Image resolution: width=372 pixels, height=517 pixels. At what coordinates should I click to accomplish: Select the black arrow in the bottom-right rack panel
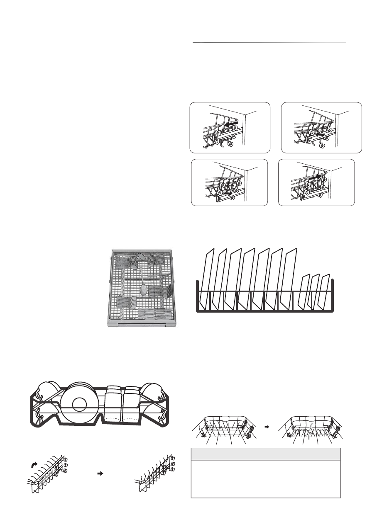[x=315, y=177]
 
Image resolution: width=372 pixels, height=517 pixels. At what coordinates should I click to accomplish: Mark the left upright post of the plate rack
[x=197, y=295]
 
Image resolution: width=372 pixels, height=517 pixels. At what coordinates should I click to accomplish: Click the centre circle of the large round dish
[x=80, y=404]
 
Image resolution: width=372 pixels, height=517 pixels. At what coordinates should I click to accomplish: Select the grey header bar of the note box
[x=265, y=454]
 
